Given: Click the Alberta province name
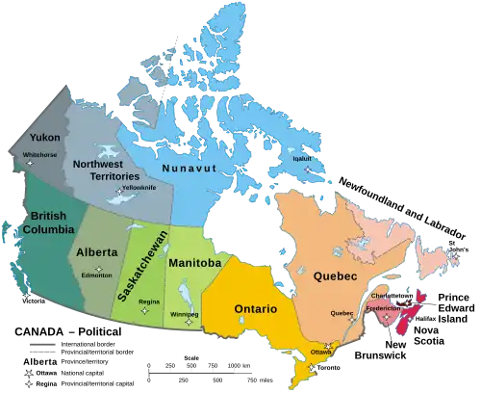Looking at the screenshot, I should (x=96, y=252).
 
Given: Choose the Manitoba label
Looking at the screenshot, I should (x=194, y=263).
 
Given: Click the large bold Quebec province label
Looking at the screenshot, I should (x=336, y=276).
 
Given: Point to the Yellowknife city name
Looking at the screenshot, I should (x=138, y=187).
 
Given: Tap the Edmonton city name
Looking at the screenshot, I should (x=96, y=275).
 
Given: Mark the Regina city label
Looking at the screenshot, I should (x=149, y=301).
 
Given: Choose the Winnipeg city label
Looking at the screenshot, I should (x=185, y=314).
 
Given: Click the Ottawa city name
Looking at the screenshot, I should (x=322, y=353).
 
